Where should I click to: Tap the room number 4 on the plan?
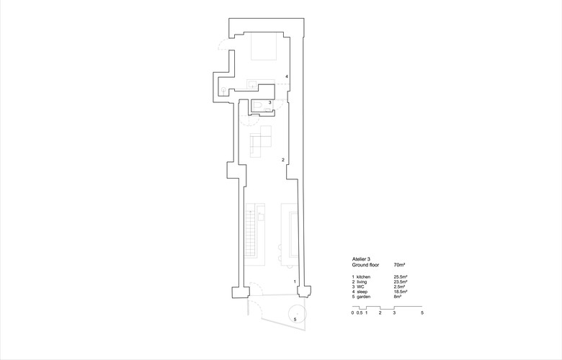click(287, 76)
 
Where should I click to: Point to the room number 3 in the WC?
click(270, 102)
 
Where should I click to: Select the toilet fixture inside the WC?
click(257, 106)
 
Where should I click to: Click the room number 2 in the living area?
click(283, 160)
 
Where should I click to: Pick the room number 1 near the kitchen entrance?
click(295, 282)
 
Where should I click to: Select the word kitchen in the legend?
click(363, 277)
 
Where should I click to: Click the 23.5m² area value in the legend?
click(401, 282)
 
